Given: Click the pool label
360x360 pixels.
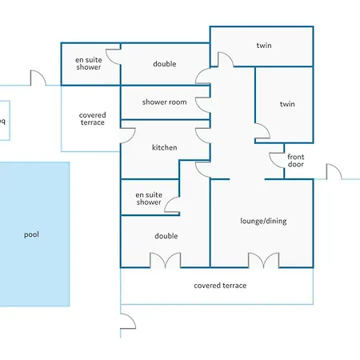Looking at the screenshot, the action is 31,234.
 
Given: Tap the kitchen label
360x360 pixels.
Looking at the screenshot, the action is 165,147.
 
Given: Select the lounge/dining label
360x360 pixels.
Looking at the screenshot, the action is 263,221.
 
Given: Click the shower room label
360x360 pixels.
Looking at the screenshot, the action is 165,102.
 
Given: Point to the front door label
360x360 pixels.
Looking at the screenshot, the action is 296,160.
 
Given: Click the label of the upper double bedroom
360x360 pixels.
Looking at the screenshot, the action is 165,64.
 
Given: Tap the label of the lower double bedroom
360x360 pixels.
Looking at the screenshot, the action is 166,236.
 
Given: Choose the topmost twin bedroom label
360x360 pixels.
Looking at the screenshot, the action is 264,46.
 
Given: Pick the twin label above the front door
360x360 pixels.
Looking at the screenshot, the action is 287,104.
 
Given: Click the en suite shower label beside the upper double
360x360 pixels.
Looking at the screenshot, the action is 89,63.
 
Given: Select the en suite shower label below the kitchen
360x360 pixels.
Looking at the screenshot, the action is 149,198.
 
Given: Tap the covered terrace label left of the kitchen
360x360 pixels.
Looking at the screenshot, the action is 92,118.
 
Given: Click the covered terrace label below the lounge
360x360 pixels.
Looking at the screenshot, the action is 220,286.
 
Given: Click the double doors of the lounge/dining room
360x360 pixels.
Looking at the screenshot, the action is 263,260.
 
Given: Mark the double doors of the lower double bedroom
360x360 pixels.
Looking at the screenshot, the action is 166,260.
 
